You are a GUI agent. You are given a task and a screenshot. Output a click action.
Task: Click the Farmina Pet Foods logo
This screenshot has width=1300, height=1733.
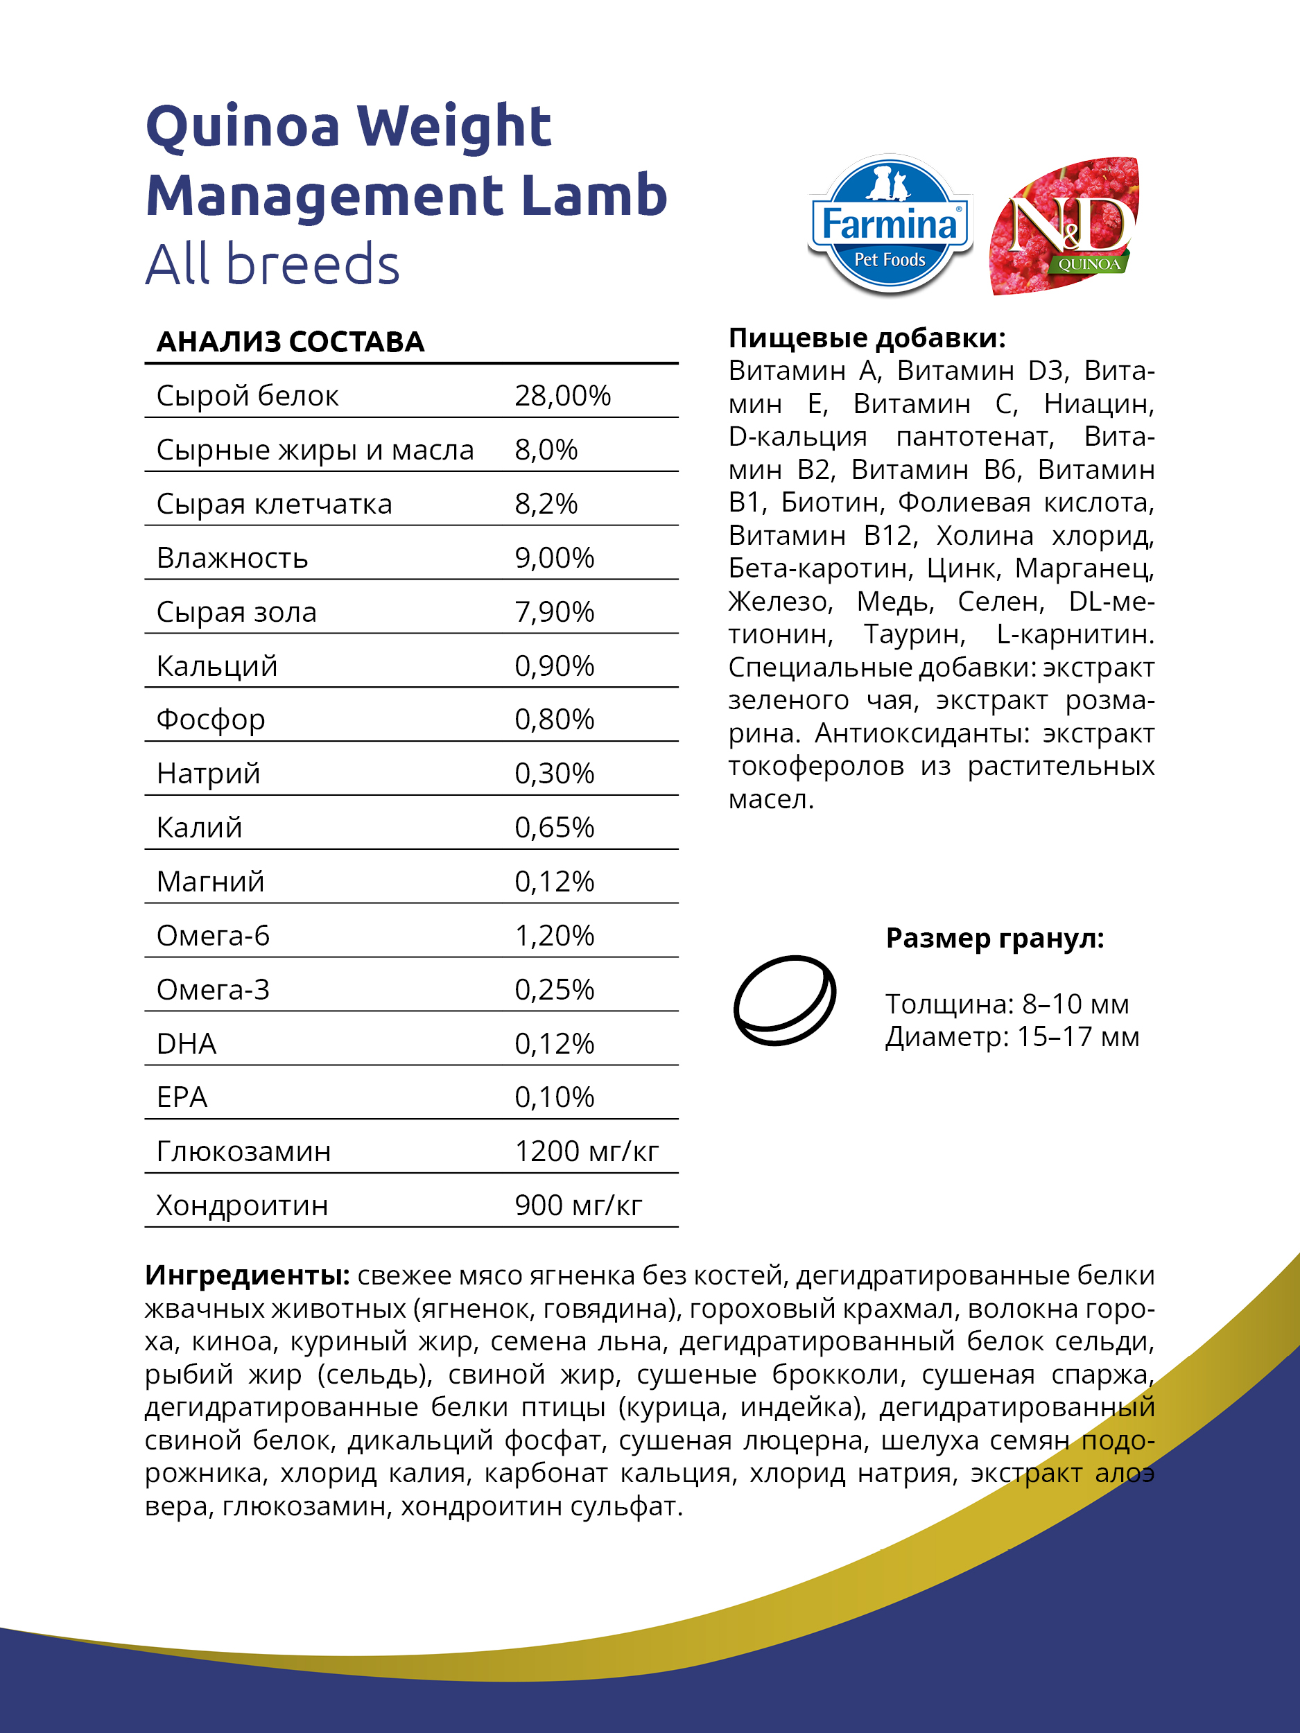pyautogui.click(x=890, y=225)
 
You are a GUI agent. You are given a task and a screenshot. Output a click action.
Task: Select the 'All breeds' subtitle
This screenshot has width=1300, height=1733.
pyautogui.click(x=272, y=264)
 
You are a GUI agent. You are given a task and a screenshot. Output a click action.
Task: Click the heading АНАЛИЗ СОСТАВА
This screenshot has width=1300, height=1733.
pyautogui.click(x=290, y=342)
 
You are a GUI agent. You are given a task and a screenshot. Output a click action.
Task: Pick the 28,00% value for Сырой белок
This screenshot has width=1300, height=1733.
pyautogui.click(x=562, y=396)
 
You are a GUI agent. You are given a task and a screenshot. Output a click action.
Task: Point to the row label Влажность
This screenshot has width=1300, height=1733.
pyautogui.click(x=232, y=558)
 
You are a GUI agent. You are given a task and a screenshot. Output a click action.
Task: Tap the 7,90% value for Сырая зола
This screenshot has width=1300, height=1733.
pyautogui.click(x=554, y=612)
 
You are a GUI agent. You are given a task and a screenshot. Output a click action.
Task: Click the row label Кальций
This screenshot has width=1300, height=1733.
pyautogui.click(x=217, y=666)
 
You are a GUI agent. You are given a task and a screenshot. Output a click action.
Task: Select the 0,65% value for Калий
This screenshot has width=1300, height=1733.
pyautogui.click(x=554, y=827)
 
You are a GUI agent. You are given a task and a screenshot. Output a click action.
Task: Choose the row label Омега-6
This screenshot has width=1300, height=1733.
pyautogui.click(x=213, y=935)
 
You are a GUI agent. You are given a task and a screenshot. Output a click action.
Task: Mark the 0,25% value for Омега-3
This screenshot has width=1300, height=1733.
pyautogui.click(x=554, y=989)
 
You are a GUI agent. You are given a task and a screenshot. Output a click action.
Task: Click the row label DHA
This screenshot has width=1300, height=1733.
pyautogui.click(x=187, y=1043)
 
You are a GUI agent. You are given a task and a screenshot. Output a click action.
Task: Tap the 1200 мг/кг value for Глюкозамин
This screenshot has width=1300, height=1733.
pyautogui.click(x=586, y=1151)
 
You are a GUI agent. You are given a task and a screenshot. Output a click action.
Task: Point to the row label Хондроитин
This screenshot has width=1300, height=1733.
pyautogui.click(x=242, y=1205)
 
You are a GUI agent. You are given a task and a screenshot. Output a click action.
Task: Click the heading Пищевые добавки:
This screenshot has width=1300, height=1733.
pyautogui.click(x=867, y=338)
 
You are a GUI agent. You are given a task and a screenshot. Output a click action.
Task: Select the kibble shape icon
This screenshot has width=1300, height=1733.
pyautogui.click(x=784, y=1000)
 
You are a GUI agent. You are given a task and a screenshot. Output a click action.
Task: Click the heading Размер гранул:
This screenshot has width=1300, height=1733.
pyautogui.click(x=994, y=938)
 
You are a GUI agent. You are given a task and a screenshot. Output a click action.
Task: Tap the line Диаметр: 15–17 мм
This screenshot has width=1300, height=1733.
pyautogui.click(x=1012, y=1036)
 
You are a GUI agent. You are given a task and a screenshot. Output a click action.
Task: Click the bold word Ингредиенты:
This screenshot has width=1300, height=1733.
pyautogui.click(x=247, y=1275)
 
